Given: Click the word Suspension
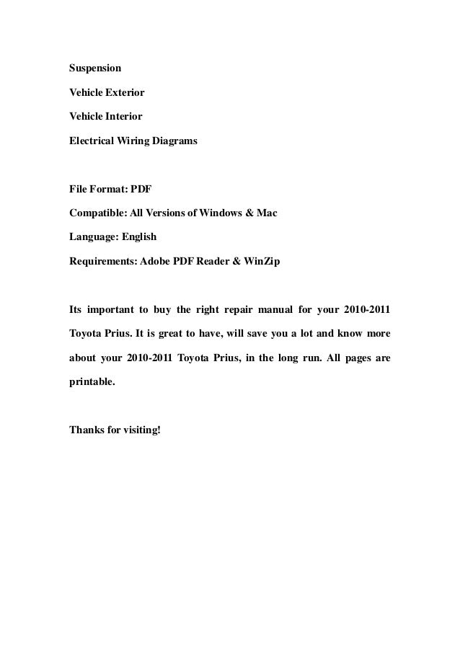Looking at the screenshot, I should (95, 68).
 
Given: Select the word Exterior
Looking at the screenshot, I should (125, 92).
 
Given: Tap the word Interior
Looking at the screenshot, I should (124, 116).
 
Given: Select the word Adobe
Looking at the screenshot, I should (156, 262).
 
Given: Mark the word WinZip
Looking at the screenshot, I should (257, 262).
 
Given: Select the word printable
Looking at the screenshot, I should (92, 383).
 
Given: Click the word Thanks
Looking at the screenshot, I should (86, 430).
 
